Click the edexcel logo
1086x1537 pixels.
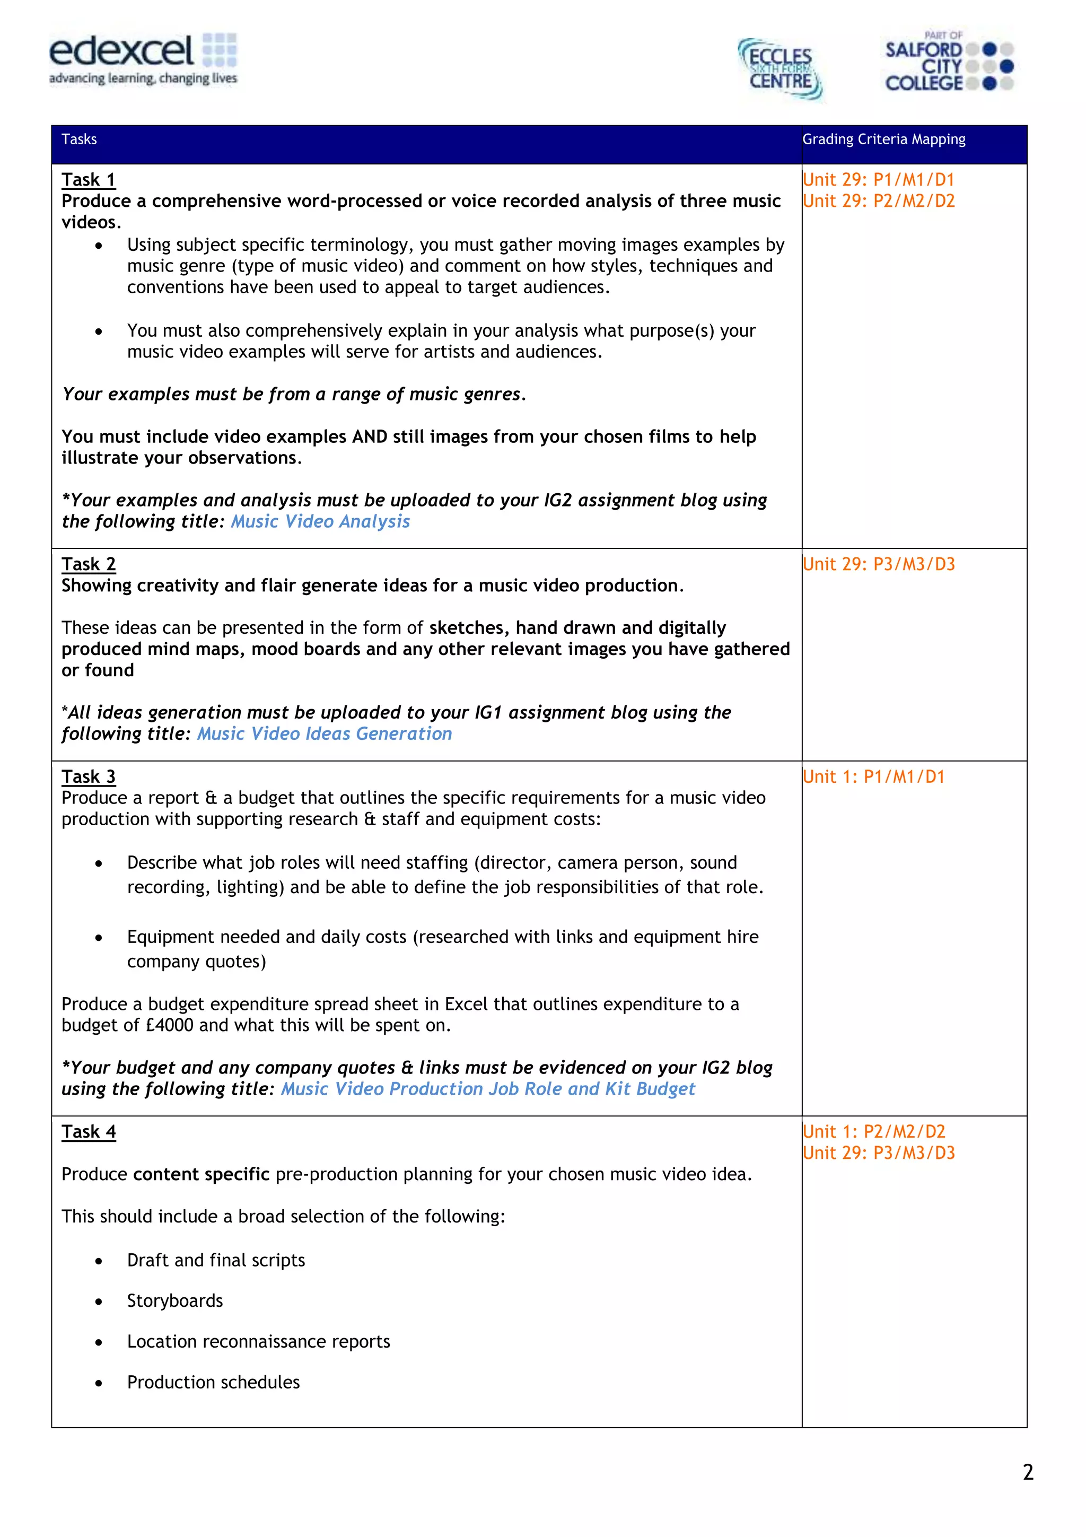142,59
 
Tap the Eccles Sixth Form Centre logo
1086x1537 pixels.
780,69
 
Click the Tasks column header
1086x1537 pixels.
79,139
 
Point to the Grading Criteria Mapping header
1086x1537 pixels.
883,139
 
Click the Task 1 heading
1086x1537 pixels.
89,179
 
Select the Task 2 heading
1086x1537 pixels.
89,564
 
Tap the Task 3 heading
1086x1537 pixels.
89,776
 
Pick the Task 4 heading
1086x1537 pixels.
89,1131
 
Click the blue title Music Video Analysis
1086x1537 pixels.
320,521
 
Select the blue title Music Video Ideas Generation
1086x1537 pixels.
324,733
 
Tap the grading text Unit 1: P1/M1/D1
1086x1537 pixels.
873,776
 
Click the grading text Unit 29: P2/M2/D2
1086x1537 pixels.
878,201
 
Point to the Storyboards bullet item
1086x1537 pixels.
174,1300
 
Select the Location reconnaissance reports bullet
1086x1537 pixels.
258,1341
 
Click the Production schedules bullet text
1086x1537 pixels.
214,1382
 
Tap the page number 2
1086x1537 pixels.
1028,1473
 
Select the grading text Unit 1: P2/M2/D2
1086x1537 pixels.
873,1131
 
